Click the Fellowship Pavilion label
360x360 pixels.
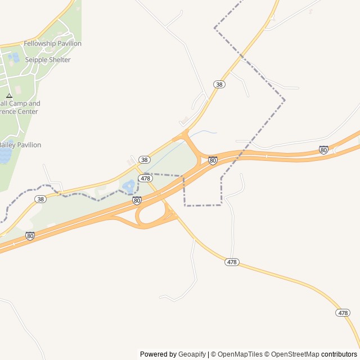tap(52, 43)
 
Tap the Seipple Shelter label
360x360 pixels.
tap(48, 60)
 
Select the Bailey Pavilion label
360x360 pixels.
tap(20, 145)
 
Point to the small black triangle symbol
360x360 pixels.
tap(9, 96)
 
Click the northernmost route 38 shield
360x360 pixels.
tap(219, 84)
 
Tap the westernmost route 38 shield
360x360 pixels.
tap(40, 199)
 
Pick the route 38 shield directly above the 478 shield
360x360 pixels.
tap(145, 160)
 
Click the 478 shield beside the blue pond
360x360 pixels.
tap(145, 178)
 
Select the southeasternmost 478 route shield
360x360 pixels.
tap(343, 313)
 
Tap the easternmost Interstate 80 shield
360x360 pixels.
tap(323, 150)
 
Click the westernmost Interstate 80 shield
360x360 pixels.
tap(30, 236)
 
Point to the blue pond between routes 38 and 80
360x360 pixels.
tap(129, 185)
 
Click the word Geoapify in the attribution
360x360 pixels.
tap(192, 354)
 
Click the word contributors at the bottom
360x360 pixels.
tap(339, 354)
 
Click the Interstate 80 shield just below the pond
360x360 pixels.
tap(137, 200)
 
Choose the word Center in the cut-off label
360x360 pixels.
tap(27, 111)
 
